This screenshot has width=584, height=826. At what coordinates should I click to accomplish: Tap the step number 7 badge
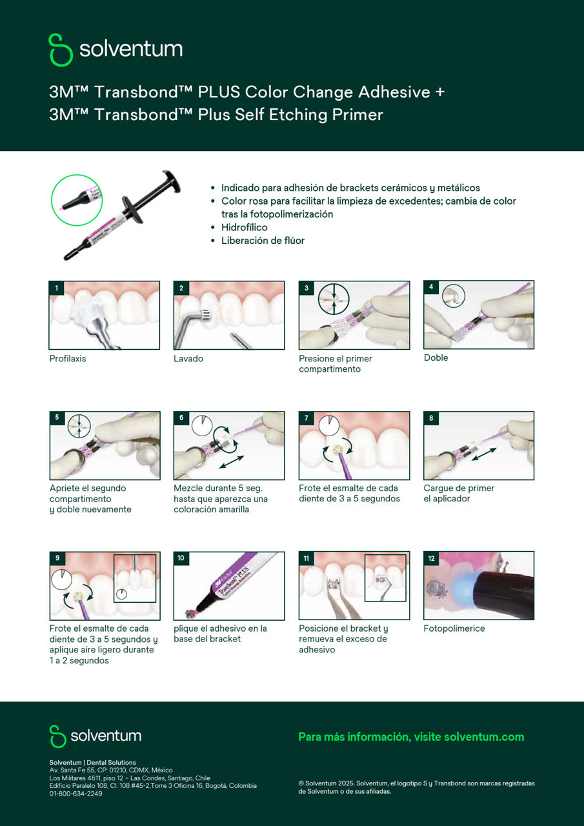click(x=307, y=418)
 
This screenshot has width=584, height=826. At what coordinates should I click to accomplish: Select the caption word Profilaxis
click(x=68, y=358)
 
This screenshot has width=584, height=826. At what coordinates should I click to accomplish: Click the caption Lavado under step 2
click(x=188, y=358)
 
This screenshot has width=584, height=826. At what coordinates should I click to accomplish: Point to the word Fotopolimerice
click(x=454, y=629)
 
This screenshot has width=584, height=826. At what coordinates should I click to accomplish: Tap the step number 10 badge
click(x=181, y=558)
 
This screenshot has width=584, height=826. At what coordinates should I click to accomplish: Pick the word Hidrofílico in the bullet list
click(x=245, y=227)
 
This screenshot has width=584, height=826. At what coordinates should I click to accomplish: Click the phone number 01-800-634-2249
click(x=76, y=794)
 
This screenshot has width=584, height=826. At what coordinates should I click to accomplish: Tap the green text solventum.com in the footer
click(x=484, y=737)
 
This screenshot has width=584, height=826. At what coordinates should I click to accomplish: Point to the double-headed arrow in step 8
click(x=484, y=454)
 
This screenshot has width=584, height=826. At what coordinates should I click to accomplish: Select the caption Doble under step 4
click(x=436, y=358)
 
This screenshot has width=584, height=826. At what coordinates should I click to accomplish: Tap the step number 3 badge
click(x=307, y=288)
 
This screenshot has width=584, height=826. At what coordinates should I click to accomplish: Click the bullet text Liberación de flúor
click(x=263, y=241)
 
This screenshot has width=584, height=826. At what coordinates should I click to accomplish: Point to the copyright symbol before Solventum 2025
click(x=301, y=783)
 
